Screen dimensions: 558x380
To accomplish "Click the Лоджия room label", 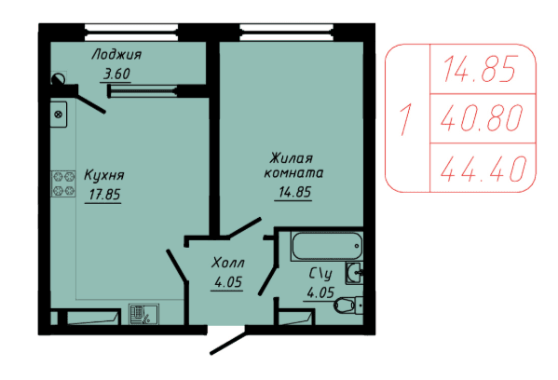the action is click(x=116, y=55).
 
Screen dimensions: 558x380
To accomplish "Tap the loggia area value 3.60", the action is click(x=116, y=74).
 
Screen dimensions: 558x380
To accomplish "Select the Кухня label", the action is click(x=104, y=175).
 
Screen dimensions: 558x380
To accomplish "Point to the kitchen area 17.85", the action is click(x=104, y=195).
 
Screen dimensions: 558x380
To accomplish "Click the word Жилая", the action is click(x=291, y=158).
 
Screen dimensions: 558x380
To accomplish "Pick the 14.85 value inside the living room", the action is click(x=294, y=192).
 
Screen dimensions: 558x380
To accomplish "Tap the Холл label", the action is click(x=227, y=263).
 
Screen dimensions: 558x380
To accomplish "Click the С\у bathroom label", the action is click(x=320, y=274).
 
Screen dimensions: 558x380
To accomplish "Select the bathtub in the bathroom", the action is click(x=327, y=246).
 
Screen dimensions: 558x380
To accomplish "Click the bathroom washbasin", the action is click(x=354, y=273).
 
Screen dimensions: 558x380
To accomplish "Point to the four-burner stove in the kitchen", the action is click(x=63, y=183).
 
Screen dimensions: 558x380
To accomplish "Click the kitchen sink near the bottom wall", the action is click(x=143, y=314).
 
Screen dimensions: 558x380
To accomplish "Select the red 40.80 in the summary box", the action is click(x=482, y=117).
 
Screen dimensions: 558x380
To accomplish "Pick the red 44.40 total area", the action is click(x=483, y=169).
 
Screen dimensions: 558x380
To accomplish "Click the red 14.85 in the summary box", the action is click(x=480, y=69).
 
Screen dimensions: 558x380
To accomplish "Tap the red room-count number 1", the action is click(x=405, y=119).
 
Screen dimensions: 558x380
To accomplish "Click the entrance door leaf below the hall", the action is click(x=227, y=343).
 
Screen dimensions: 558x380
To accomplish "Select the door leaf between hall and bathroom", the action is click(x=267, y=281).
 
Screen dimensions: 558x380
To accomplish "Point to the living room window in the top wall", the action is click(x=287, y=33).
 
